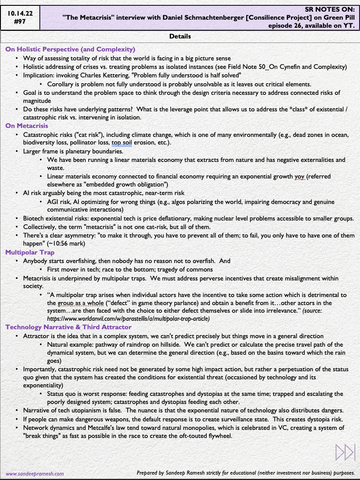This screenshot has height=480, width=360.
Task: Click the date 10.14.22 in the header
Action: click(x=21, y=14)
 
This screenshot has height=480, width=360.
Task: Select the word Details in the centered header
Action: click(x=180, y=36)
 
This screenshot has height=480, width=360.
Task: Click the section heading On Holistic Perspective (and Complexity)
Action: click(x=70, y=49)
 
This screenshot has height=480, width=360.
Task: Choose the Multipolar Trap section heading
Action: click(x=30, y=252)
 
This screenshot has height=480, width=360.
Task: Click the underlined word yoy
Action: click(x=300, y=177)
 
